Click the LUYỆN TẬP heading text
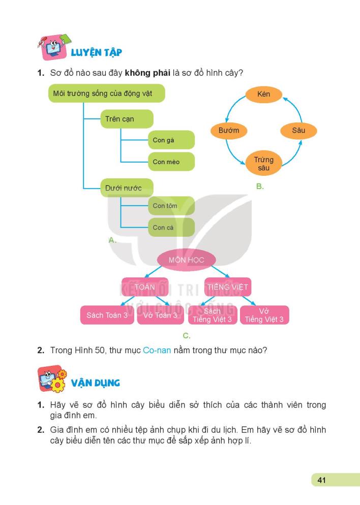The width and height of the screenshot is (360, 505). tap(96, 52)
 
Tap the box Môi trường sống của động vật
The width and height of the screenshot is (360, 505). tap(107, 93)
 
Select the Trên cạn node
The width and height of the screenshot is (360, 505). tap(127, 119)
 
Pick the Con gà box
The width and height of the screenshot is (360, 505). tap(171, 140)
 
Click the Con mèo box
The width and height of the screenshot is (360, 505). tap(171, 162)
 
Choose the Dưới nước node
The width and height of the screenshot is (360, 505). tap(127, 188)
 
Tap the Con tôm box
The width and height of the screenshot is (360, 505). tap(171, 206)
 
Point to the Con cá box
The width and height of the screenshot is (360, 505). tap(171, 228)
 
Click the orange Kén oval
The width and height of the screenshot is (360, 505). tap(263, 94)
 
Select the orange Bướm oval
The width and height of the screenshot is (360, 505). tap(229, 131)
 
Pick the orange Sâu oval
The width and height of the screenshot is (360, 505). tap(298, 131)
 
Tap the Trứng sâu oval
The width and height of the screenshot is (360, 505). tap(263, 164)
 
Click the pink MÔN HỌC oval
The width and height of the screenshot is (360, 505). tap(187, 260)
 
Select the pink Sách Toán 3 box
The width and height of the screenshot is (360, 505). tap(107, 315)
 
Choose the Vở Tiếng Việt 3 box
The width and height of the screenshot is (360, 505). tap(264, 315)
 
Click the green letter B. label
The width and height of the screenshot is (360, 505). tap(260, 186)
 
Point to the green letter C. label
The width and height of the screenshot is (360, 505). tap(187, 336)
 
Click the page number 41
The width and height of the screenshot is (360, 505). tap(321, 480)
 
